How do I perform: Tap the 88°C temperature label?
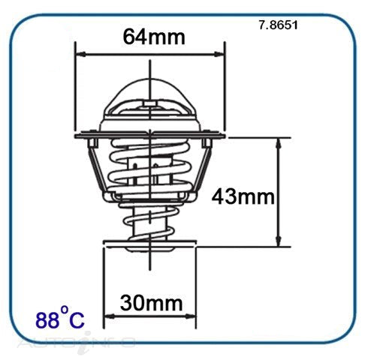[x=61, y=319]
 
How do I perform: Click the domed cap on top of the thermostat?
[x=149, y=97]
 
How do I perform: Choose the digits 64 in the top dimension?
[x=134, y=36]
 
